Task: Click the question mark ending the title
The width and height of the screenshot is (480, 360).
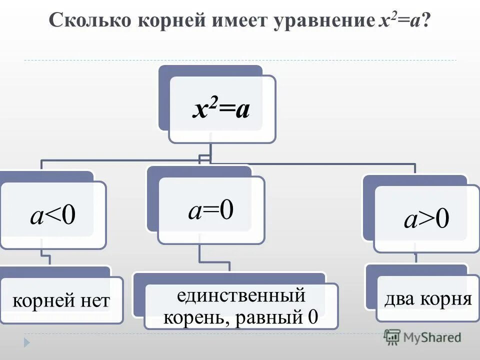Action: coord(426,22)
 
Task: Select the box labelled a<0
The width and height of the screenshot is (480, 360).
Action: coord(52,215)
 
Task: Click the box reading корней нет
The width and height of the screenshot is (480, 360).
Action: coord(60,300)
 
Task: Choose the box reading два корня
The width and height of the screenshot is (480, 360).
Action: coord(428,299)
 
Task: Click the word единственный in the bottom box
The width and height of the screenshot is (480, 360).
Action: coord(240,296)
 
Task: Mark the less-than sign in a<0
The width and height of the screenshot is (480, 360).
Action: coord(52,215)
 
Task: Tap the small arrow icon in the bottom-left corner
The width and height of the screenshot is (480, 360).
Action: coord(27,342)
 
